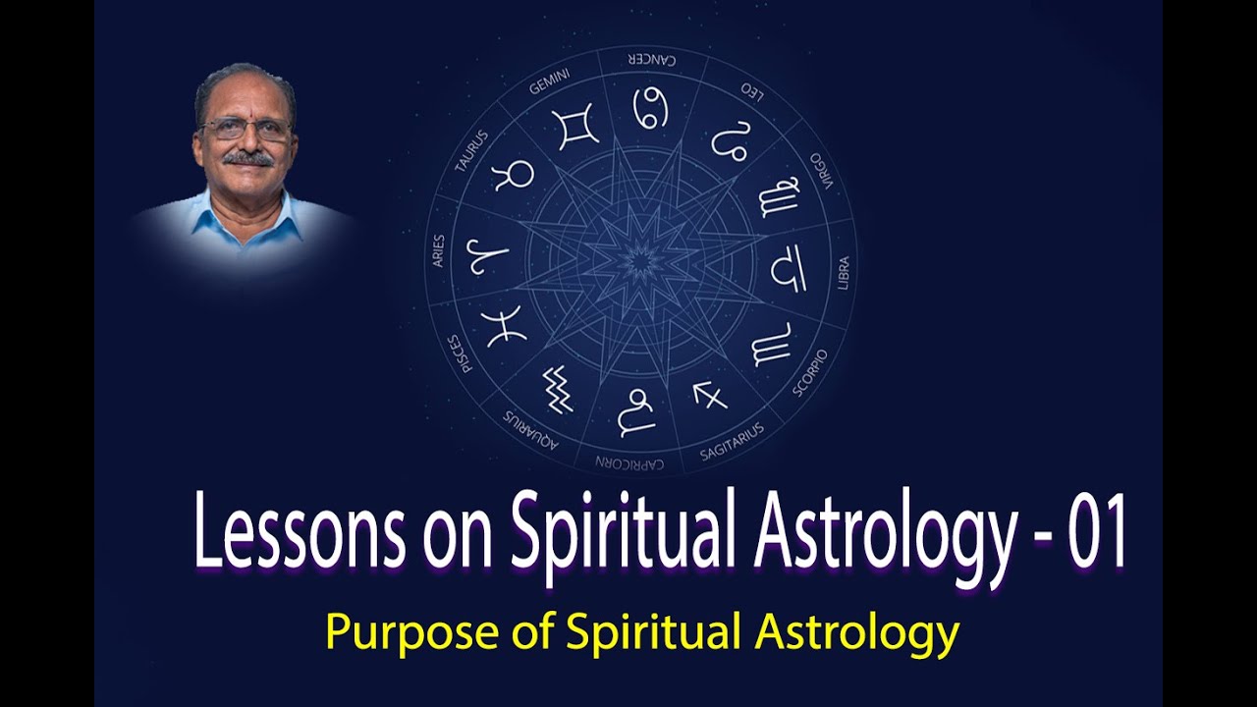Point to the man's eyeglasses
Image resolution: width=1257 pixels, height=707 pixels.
[x=246, y=129]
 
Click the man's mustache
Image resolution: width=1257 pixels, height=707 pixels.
[x=246, y=157]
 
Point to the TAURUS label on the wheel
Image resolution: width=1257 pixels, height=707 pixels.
[x=472, y=151]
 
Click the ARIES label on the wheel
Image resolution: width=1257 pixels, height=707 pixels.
[x=438, y=250]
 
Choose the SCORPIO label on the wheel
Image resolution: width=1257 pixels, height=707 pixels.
[x=810, y=371]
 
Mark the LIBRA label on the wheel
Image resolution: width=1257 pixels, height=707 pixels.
[x=843, y=272]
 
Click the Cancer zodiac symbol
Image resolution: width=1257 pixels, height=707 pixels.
[x=649, y=107]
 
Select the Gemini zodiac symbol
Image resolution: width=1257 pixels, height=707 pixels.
[x=574, y=128]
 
